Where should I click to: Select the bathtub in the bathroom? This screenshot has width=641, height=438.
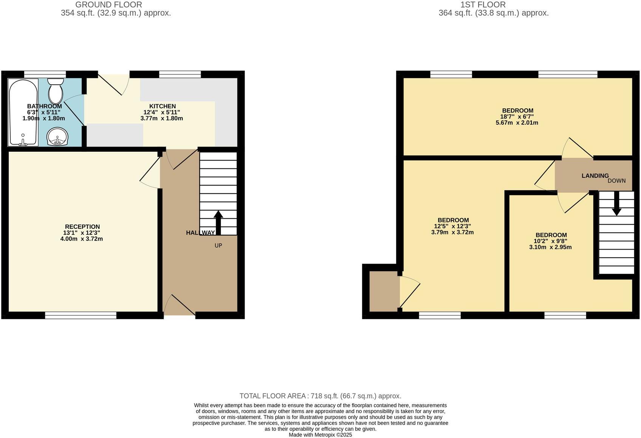[x=23, y=112]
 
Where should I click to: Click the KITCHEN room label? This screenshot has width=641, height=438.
[x=163, y=106]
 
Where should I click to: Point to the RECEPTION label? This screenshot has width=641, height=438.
[x=82, y=227]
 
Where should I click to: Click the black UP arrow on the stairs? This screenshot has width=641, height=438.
[x=218, y=222]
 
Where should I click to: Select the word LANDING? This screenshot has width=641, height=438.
[x=595, y=176]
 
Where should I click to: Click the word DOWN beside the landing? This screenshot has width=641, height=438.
[x=617, y=181]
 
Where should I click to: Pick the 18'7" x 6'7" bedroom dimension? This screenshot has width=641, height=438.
[x=517, y=117]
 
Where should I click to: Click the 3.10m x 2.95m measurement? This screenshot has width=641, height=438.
[x=550, y=247]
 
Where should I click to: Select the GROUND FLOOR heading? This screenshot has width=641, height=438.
[x=109, y=5]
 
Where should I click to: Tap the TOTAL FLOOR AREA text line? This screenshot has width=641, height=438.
[x=320, y=396]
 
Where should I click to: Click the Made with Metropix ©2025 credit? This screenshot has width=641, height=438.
[x=320, y=435]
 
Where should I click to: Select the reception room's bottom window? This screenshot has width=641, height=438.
[x=81, y=315]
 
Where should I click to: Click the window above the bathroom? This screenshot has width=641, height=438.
[x=45, y=74]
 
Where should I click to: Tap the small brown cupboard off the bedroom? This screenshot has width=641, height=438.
[x=384, y=291]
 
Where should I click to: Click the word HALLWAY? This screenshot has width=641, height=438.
[x=200, y=233]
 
